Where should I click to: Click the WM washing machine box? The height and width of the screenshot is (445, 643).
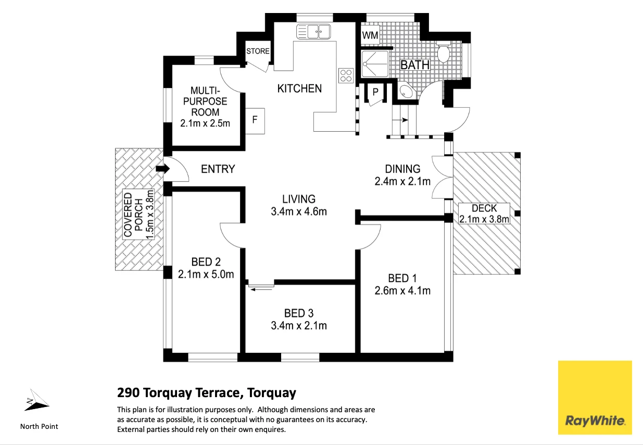(x=370, y=35)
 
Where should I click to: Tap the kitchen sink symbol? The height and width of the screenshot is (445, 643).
(x=313, y=31)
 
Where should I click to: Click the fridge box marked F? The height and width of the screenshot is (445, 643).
(x=255, y=121)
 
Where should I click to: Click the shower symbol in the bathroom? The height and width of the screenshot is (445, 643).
(x=375, y=64)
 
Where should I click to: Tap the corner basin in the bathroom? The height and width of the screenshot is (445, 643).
(x=405, y=91)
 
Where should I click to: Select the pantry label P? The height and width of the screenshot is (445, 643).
(x=375, y=92)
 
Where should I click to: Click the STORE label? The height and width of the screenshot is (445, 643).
(x=258, y=51)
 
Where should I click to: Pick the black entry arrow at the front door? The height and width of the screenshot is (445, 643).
(x=163, y=169)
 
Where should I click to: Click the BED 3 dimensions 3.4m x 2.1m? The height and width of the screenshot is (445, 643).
(x=299, y=326)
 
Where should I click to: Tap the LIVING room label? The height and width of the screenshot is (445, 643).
(x=299, y=199)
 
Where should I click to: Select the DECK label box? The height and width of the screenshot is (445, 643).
(x=484, y=214)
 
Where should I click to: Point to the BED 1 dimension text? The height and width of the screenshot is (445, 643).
(x=402, y=290)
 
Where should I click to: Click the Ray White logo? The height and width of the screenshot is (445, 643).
(x=595, y=398)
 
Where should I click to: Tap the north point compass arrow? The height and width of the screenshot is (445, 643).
(x=37, y=400)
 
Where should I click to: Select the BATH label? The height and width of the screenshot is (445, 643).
(x=415, y=65)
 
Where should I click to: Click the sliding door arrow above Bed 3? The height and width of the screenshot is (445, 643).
(x=261, y=290)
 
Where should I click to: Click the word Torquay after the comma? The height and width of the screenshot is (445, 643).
(x=272, y=393)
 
